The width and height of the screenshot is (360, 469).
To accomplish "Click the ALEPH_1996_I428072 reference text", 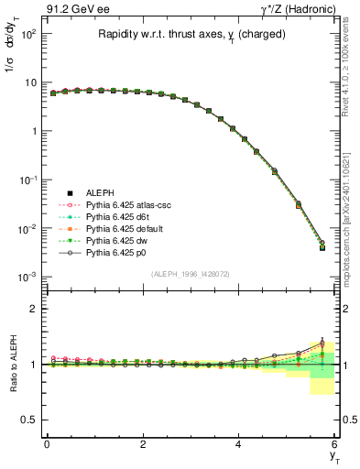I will pos(190,275).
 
